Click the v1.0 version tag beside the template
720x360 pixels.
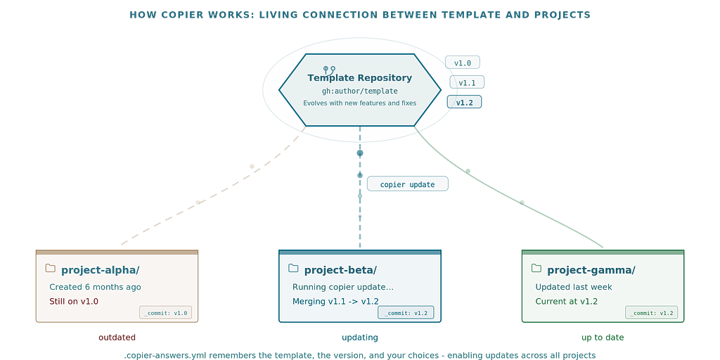[463, 63]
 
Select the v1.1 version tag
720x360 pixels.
[467, 82]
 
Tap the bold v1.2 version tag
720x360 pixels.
[464, 102]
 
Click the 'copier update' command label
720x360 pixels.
[407, 184]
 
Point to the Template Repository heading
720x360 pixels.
[360, 78]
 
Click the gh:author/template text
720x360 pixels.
[360, 91]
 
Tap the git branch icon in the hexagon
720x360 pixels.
[329, 70]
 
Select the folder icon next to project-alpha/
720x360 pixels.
[51, 268]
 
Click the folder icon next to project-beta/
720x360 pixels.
[293, 268]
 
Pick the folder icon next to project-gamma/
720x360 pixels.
[536, 268]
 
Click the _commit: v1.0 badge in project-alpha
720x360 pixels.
[166, 313]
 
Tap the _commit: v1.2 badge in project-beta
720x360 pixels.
[406, 313]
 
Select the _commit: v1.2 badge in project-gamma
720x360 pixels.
[652, 313]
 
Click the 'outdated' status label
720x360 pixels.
[117, 337]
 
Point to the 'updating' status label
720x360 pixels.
[360, 337]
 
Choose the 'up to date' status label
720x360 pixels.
[603, 337]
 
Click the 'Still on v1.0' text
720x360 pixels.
[74, 301]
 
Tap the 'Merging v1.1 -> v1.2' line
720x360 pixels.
[335, 301]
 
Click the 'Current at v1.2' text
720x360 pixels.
[567, 301]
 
